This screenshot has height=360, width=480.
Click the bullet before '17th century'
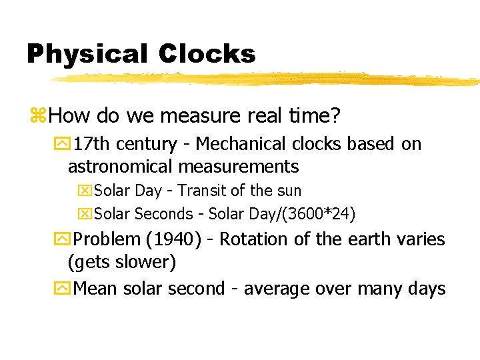[63, 145]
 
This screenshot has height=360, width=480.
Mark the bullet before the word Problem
[63, 239]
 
